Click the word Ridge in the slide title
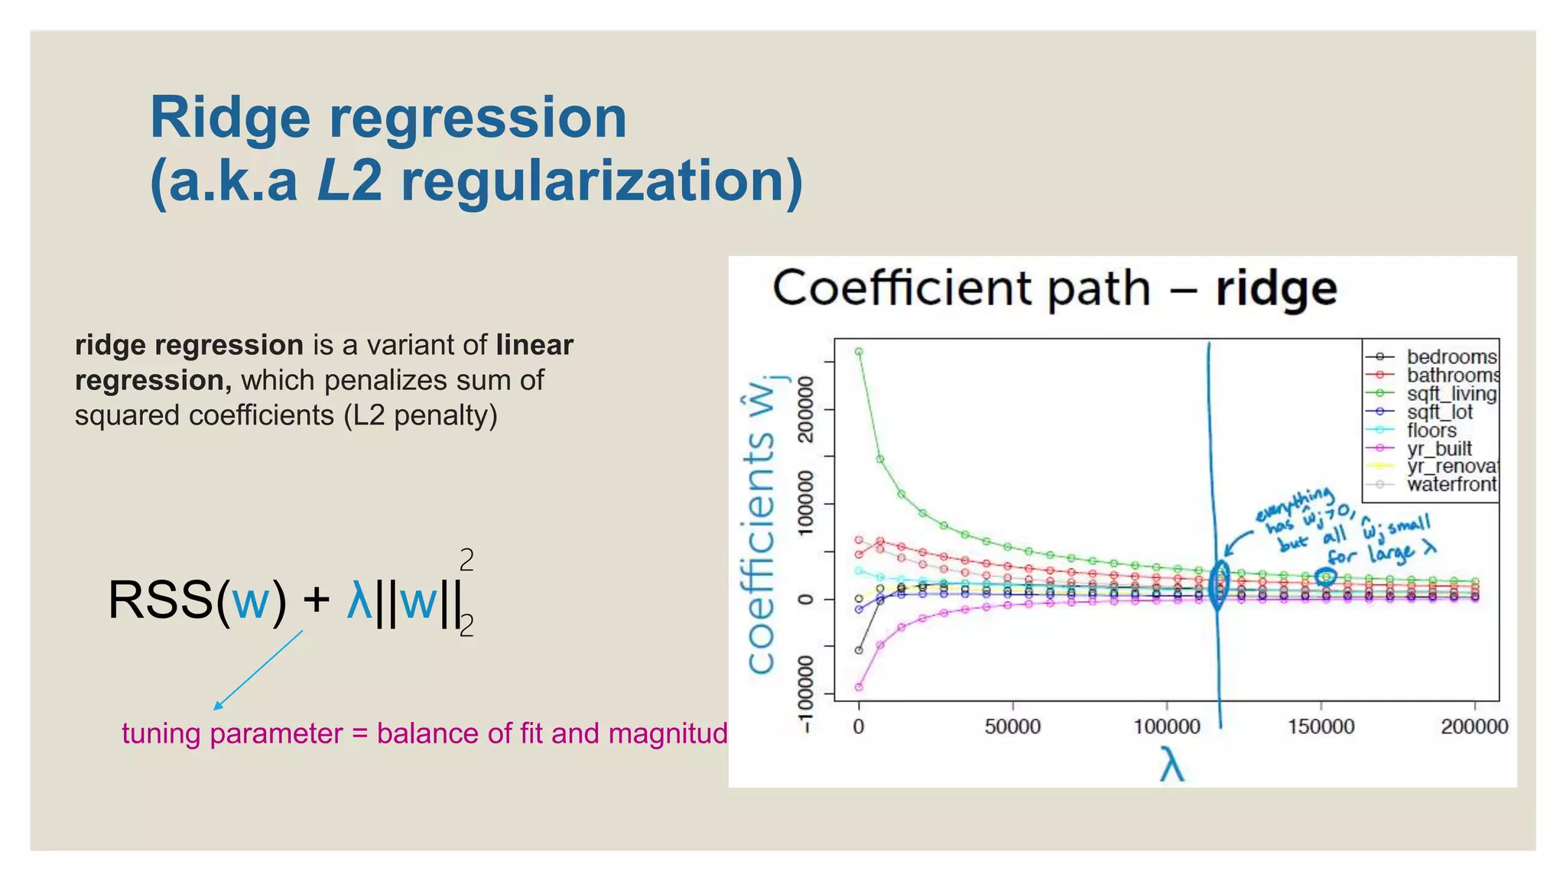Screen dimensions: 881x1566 tap(230, 119)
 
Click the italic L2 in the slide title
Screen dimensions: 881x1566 tap(349, 182)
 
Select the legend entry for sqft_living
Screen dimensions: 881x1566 tap(1451, 394)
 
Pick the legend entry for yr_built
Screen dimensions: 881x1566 tap(1438, 449)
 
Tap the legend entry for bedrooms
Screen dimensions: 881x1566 tap(1451, 357)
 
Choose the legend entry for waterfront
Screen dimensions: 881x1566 tap(1451, 484)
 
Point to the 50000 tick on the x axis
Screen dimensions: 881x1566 tap(1012, 726)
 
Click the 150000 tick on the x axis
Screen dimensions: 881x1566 tap(1321, 726)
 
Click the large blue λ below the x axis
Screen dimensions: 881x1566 tap(1171, 764)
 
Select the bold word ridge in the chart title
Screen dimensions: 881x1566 tap(1276, 289)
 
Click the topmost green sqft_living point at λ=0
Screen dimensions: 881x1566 tap(859, 352)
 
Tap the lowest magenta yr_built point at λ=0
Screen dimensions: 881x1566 tap(859, 687)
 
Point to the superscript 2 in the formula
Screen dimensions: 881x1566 tap(466, 561)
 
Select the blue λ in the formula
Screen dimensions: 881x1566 tap(359, 600)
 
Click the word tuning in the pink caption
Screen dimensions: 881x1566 tap(161, 733)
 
